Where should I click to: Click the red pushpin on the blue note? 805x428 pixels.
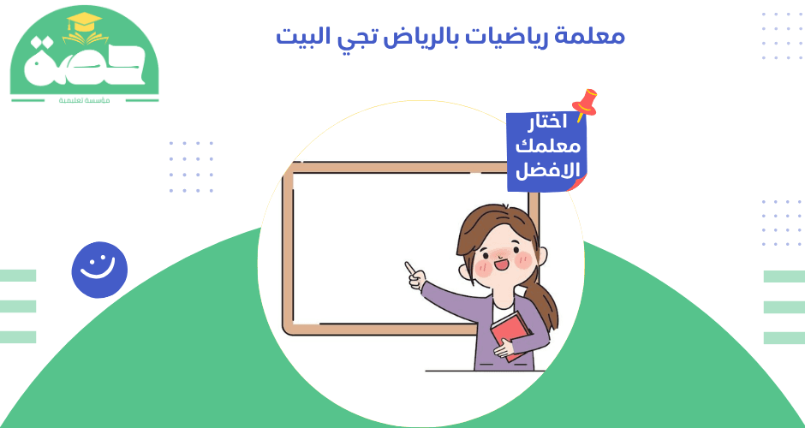pyautogui.click(x=586, y=102)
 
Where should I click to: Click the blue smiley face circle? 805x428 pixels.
pyautogui.click(x=99, y=269)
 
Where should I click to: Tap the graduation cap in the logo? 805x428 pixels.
pyautogui.click(x=84, y=27)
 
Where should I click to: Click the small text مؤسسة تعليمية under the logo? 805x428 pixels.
pyautogui.click(x=84, y=101)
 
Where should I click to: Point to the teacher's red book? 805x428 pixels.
pyautogui.click(x=512, y=333)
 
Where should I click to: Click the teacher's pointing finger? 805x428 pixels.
pyautogui.click(x=410, y=268)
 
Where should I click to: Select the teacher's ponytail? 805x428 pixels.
pyautogui.click(x=544, y=295)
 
